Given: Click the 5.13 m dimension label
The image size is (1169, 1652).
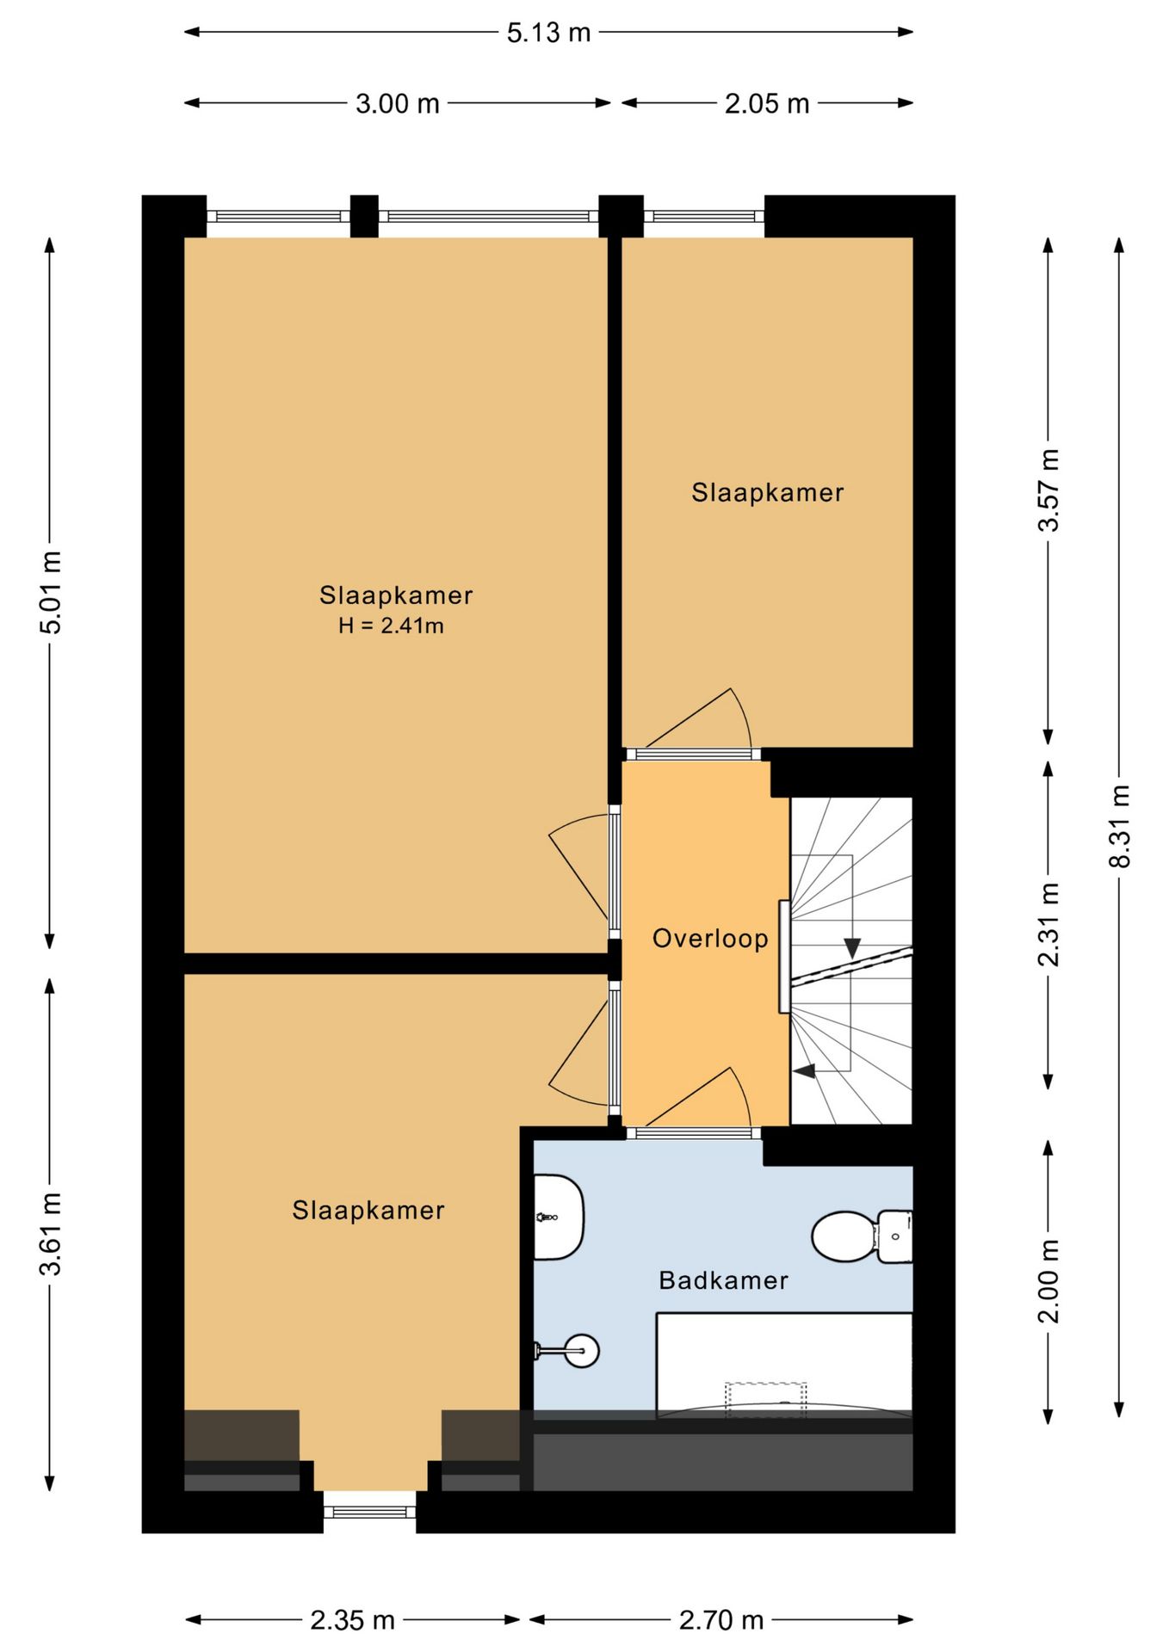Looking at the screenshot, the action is pyautogui.click(x=548, y=33).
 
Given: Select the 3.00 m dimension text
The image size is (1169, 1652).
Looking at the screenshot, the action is pyautogui.click(x=398, y=104).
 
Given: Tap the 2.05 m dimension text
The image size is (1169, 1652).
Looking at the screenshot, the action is pyautogui.click(x=767, y=104).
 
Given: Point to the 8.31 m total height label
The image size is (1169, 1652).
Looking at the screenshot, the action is pyautogui.click(x=1119, y=826).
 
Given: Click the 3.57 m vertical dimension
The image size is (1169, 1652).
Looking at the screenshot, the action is pyautogui.click(x=1048, y=490).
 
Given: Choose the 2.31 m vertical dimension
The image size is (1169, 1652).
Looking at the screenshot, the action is pyautogui.click(x=1048, y=924).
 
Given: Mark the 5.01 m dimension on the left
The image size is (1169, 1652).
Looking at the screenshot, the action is pyautogui.click(x=51, y=593).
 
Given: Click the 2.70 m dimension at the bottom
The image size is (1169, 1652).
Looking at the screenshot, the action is pyautogui.click(x=721, y=1620).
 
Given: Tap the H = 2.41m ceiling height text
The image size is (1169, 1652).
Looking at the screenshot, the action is pyautogui.click(x=392, y=626).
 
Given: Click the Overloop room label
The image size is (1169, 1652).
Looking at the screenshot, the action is pyautogui.click(x=710, y=938).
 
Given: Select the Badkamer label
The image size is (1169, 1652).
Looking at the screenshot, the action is pyautogui.click(x=723, y=1280).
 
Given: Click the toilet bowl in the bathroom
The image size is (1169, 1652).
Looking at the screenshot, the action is pyautogui.click(x=844, y=1236).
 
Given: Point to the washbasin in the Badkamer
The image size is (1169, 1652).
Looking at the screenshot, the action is pyautogui.click(x=559, y=1217).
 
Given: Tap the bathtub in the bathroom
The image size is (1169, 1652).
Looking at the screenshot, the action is pyautogui.click(x=784, y=1364).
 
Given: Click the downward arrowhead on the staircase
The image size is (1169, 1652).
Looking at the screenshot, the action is pyautogui.click(x=851, y=948).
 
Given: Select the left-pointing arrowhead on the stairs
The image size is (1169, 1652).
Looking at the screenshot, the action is pyautogui.click(x=804, y=1071).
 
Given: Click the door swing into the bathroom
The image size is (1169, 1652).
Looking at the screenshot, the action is pyautogui.click(x=701, y=1098).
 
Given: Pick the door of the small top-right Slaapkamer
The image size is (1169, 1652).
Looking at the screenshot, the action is pyautogui.click(x=701, y=719).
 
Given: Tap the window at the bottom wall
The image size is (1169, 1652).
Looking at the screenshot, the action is pyautogui.click(x=369, y=1512).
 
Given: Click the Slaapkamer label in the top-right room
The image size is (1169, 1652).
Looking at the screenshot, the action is pyautogui.click(x=768, y=492).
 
